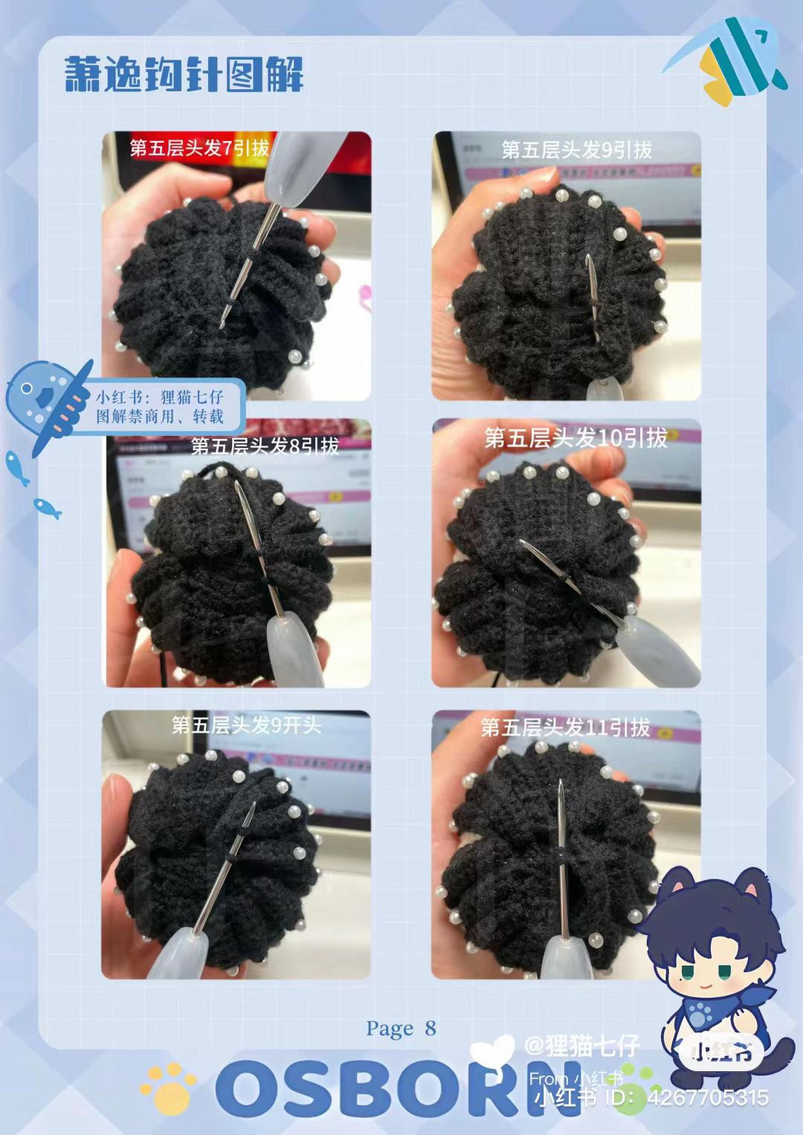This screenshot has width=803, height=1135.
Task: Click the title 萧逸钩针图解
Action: (x=184, y=74)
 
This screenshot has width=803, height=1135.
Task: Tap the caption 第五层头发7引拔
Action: (x=199, y=148)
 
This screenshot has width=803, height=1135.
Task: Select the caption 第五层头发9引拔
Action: (x=576, y=150)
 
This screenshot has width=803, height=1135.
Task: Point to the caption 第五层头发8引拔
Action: (x=265, y=446)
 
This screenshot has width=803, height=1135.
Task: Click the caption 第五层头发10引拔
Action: (x=575, y=438)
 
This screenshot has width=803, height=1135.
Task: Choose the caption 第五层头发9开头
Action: (x=246, y=725)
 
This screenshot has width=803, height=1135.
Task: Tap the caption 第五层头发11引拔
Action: (x=565, y=726)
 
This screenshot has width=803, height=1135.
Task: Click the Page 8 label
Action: (x=401, y=1028)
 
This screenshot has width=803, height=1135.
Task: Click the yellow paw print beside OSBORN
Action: (x=169, y=1084)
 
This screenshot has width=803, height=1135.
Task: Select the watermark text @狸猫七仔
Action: (x=581, y=1046)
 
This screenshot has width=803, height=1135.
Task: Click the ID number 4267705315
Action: (x=708, y=1098)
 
